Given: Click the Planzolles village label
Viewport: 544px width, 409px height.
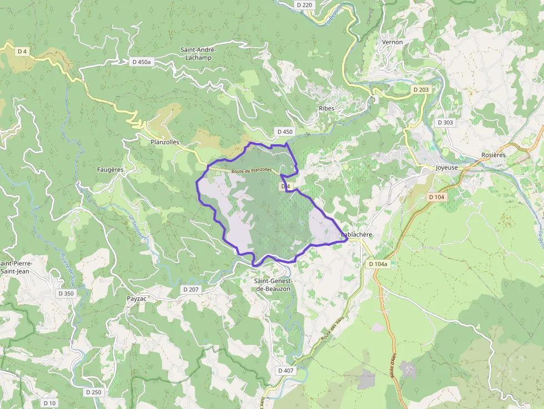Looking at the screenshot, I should pyautogui.click(x=165, y=142).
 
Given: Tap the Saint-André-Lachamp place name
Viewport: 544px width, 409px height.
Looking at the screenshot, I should pyautogui.click(x=199, y=53).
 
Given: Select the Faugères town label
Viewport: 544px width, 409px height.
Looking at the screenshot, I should pyautogui.click(x=110, y=169).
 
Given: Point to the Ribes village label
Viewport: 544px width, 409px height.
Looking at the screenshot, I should pyautogui.click(x=326, y=108).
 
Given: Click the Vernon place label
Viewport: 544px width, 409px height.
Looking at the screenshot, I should pyautogui.click(x=392, y=42).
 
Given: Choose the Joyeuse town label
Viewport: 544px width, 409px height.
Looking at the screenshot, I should pyautogui.click(x=447, y=167).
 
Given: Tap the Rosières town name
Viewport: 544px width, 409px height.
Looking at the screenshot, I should pyautogui.click(x=493, y=155).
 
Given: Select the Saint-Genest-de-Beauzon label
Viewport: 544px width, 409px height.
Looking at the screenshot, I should pyautogui.click(x=272, y=285).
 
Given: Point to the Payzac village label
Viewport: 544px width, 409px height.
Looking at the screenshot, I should pyautogui.click(x=136, y=298).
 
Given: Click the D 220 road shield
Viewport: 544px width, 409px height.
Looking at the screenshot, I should pyautogui.click(x=305, y=5).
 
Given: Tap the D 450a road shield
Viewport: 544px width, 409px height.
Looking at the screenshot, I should pyautogui.click(x=142, y=62).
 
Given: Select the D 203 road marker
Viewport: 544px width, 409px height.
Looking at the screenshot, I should pyautogui.click(x=421, y=89).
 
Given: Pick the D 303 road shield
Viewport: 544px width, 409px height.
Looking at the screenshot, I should pyautogui.click(x=445, y=122).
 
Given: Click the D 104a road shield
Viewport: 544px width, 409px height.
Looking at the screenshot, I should pyautogui.click(x=378, y=264).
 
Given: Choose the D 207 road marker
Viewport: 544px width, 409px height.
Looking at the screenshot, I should pyautogui.click(x=190, y=289).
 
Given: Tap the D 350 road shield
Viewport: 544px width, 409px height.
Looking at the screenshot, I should pyautogui.click(x=66, y=293).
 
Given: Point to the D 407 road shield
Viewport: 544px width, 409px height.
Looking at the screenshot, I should pyautogui.click(x=285, y=370).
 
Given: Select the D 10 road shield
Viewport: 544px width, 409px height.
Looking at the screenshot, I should pyautogui.click(x=49, y=403).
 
